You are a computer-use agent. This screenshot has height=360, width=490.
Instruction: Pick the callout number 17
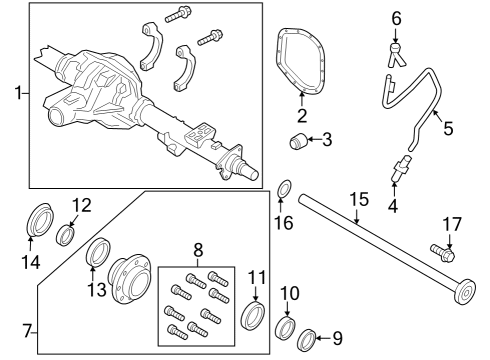(x=451, y=223)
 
